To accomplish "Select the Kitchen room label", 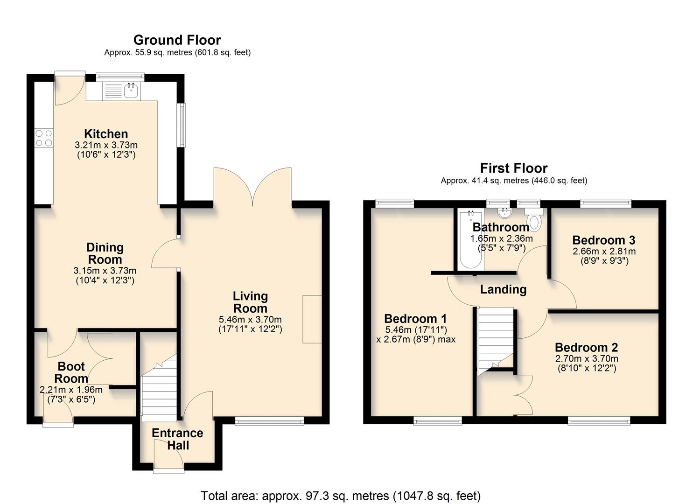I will [106, 134].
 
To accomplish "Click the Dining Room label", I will [105, 253].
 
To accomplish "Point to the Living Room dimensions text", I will [250, 324].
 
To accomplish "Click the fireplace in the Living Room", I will [312, 319].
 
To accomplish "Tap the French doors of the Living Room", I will [253, 187].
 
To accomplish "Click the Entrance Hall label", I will [177, 439].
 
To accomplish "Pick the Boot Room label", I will [71, 372].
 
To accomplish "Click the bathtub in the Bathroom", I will [470, 240].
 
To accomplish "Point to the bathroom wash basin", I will [504, 214].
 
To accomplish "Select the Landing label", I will [503, 290].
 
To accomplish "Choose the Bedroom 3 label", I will [603, 240].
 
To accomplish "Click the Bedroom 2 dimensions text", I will [587, 364].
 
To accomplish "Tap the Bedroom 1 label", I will [415, 319].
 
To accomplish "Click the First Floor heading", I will [514, 168].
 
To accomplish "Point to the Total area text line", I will [341, 496].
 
